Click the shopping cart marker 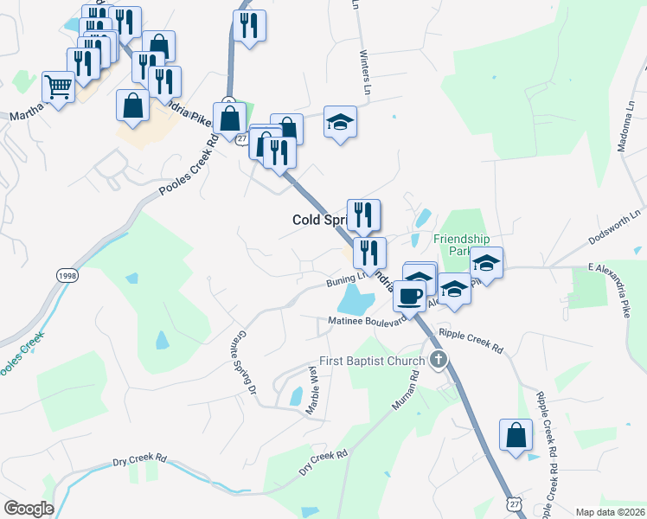[58, 86]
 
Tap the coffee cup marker [409, 295]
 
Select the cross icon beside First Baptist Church [439, 360]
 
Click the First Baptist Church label [372, 361]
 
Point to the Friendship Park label [461, 245]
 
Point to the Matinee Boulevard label [367, 321]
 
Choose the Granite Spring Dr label [247, 362]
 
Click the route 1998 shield [67, 274]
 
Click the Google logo [29, 509]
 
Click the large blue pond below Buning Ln [355, 302]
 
